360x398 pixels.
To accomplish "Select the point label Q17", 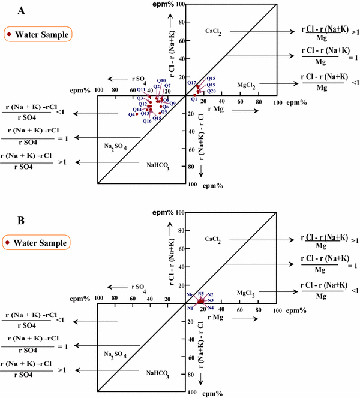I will point(192,83).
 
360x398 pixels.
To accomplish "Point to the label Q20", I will point(211,91).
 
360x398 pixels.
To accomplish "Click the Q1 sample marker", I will point(195,94).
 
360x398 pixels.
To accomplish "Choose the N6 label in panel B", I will point(190,294).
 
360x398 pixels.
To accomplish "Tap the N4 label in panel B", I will point(211,307).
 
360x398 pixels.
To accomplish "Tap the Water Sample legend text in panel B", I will point(41,243).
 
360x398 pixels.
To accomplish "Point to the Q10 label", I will point(161,80).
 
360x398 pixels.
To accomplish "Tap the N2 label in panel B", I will point(211,294).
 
